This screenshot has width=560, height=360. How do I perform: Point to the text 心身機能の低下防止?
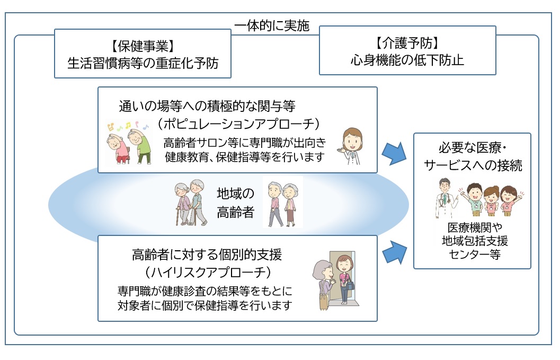pyautogui.click(x=407, y=59)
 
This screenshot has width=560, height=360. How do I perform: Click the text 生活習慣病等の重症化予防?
pyautogui.click(x=143, y=63)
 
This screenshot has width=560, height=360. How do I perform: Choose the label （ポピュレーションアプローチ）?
pyautogui.click(x=241, y=124)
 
